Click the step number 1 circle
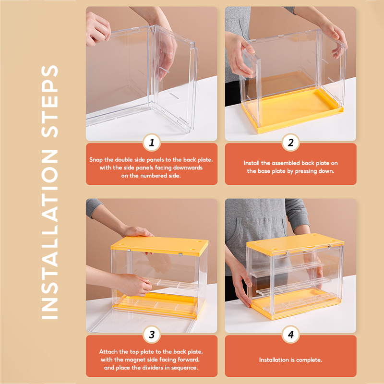tap(152, 142)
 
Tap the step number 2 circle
tap(291, 142)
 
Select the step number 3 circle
tap(152, 334)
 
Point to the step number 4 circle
tap(291, 334)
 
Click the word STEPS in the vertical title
tap(50, 101)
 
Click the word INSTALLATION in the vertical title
tap(50, 234)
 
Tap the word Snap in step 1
tap(96, 160)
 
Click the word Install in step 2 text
tap(251, 163)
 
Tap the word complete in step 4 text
tap(309, 360)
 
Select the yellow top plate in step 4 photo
tap(295, 244)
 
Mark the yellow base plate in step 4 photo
tap(297, 304)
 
